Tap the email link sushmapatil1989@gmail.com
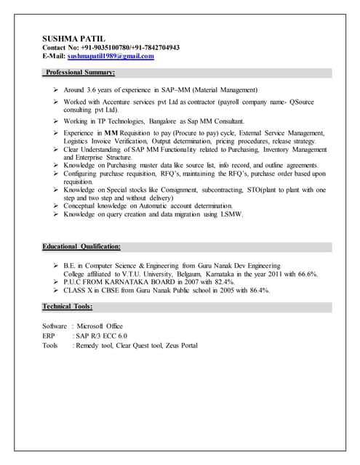pyautogui.click(x=111, y=56)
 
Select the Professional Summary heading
pyautogui.click(x=80, y=73)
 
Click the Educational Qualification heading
pyautogui.click(x=81, y=247)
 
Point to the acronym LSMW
pyautogui.click(x=230, y=214)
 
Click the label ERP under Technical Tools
pyautogui.click(x=49, y=336)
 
